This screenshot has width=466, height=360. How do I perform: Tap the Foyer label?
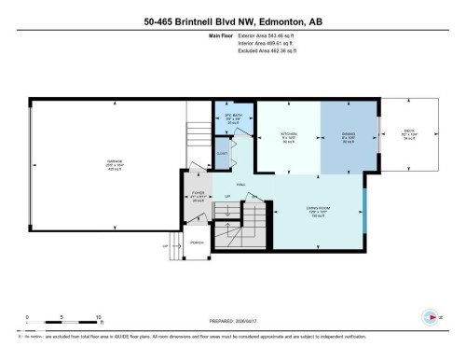click(x=197, y=195)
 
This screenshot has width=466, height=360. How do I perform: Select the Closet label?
click(x=223, y=152)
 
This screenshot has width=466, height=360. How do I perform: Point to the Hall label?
click(x=240, y=185)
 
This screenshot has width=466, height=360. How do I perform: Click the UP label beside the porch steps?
click(x=165, y=246)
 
